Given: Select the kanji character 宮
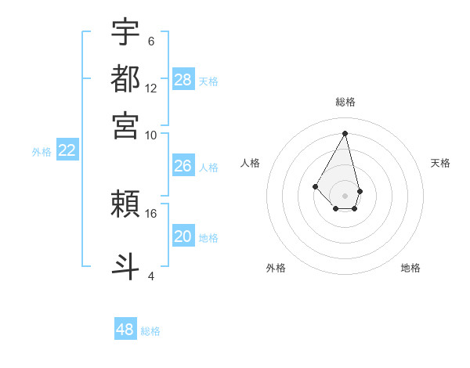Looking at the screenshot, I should pos(125,124).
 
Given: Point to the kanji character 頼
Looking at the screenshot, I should pos(125,204).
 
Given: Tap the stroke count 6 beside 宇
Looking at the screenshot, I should pos(151,41).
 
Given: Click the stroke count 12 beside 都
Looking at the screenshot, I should pos(151,88).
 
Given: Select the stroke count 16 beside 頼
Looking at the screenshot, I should pos(151,213).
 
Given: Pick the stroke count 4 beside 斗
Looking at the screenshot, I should pos(151,276).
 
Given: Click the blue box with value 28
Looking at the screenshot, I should pos(183,80).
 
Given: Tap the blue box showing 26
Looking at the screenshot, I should pos(183,166).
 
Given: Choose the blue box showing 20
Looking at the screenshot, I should pos(183,236).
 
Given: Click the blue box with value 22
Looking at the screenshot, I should pos(67,151).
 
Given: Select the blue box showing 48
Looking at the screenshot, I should pos(125,330).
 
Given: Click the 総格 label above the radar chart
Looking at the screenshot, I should pos(345,103).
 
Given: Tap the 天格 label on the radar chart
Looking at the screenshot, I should pos(440,163).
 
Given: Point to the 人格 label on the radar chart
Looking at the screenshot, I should pos(251,163).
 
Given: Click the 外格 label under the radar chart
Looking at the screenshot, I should pos(276,268).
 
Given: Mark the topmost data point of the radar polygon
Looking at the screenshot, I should pos(345,132).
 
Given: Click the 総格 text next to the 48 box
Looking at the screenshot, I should pos(150,331).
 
